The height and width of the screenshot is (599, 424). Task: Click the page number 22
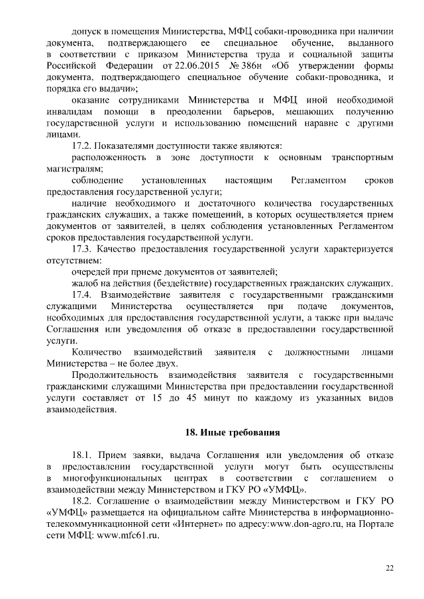tap(389, 568)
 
